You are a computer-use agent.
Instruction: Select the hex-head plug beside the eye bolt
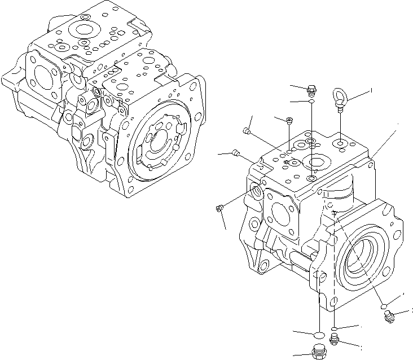[x=311, y=89]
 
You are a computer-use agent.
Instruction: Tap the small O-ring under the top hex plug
[x=311, y=102]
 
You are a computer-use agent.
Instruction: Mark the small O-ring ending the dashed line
[x=335, y=328]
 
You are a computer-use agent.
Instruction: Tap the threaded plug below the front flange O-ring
[x=389, y=318]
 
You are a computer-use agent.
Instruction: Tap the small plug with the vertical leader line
[x=289, y=120]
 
